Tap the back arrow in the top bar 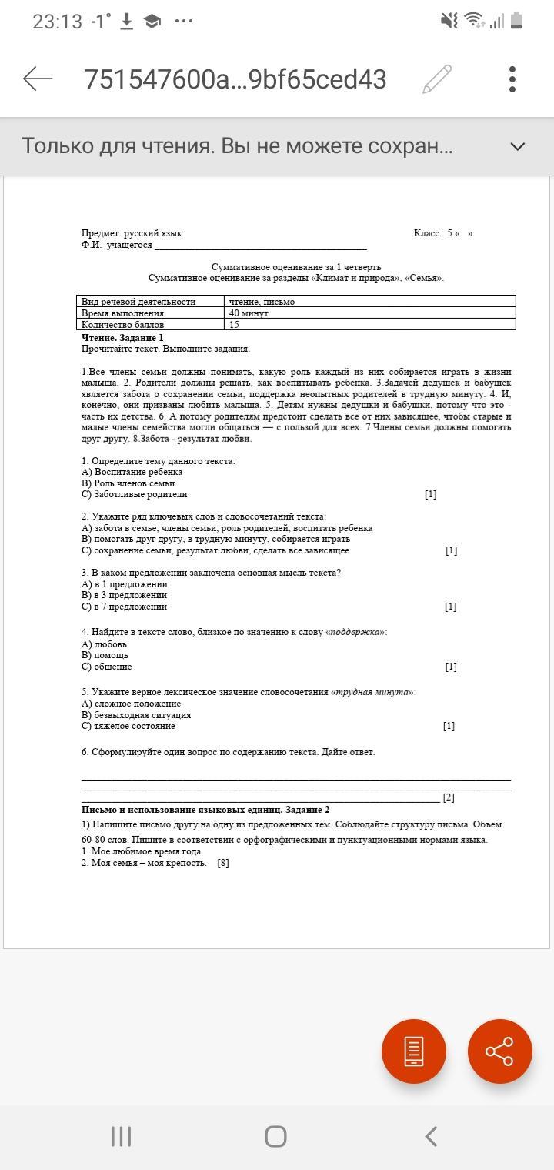38,79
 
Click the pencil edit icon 436,79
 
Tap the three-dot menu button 512,79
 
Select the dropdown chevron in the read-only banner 518,146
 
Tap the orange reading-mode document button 414,1051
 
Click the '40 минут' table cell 249,313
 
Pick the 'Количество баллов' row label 123,325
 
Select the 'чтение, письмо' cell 262,302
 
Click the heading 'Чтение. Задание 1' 122,338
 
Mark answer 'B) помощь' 105,655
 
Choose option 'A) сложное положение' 131,704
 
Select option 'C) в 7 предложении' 124,607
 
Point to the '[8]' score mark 223,863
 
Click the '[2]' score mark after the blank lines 449,797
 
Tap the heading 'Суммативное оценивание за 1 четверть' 296,267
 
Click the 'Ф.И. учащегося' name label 117,245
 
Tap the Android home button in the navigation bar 275,1136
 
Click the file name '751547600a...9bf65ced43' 235,79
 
